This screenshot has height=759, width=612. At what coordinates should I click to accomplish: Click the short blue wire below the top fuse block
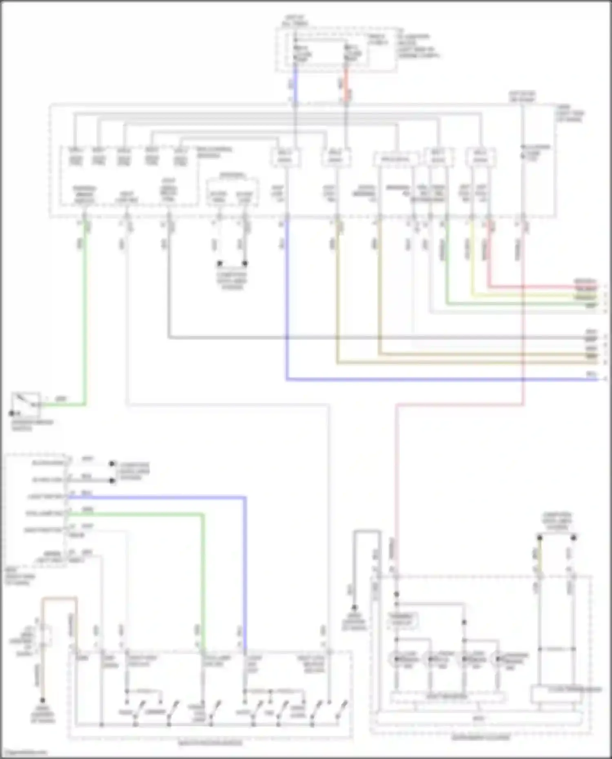295,84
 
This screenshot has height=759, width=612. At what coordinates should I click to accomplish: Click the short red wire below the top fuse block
346,84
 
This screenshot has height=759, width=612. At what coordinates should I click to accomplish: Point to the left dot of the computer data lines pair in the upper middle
220,263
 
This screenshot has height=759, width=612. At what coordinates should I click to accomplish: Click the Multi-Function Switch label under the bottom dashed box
211,743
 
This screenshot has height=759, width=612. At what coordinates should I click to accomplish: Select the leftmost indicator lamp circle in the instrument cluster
396,659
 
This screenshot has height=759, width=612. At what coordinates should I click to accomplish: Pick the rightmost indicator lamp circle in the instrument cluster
498,659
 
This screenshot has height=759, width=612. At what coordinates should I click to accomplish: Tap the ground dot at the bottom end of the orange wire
42,700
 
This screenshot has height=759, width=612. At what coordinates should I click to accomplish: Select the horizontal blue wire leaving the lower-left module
155,498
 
